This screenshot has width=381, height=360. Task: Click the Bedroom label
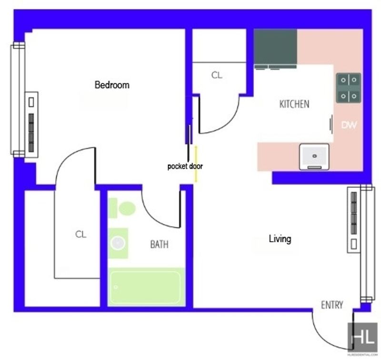(x=112, y=85)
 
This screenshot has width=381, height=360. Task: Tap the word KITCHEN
(x=294, y=104)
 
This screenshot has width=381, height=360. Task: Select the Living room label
(x=280, y=239)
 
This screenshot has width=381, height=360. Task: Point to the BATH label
(x=159, y=245)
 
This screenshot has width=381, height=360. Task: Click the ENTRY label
(x=332, y=305)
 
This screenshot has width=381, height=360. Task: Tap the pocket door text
(x=185, y=166)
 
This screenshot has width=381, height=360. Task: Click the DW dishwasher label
(x=349, y=125)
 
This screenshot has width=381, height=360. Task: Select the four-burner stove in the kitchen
(x=349, y=88)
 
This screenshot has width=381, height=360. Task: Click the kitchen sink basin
(x=314, y=157)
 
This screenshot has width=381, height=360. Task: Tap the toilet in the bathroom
(x=122, y=208)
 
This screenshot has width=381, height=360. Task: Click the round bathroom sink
(x=118, y=243)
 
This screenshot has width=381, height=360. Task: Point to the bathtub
(x=146, y=287)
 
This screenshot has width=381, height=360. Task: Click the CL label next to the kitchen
(x=217, y=75)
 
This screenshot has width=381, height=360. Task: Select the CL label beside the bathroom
(x=80, y=235)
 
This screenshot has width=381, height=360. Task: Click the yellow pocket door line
(x=196, y=164)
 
